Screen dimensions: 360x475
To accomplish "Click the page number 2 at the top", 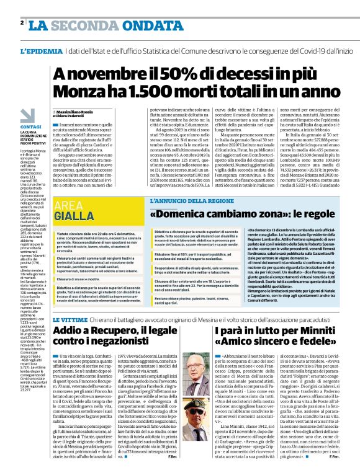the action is click(22, 24).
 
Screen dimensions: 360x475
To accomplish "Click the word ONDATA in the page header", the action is click(124, 25).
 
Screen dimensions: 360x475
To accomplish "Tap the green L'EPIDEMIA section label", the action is click(41, 52).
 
